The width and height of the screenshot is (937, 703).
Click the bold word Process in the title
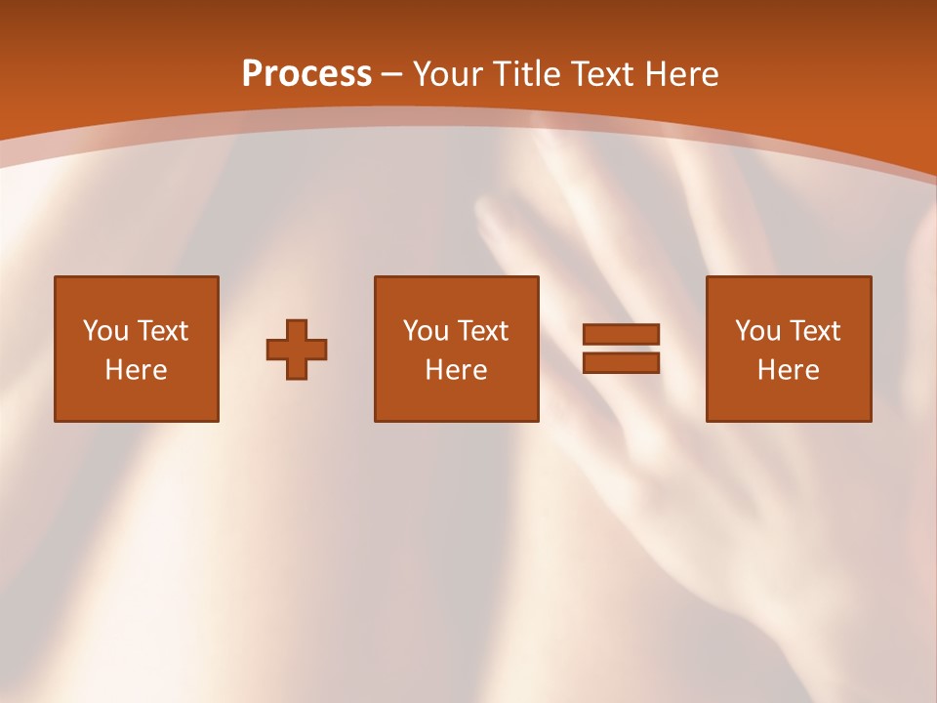[x=306, y=74]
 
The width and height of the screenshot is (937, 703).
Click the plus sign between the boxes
[x=297, y=350]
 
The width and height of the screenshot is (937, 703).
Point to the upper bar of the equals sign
[x=621, y=334]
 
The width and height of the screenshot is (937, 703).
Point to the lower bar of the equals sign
[x=621, y=363]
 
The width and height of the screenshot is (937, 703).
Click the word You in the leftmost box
[x=104, y=331]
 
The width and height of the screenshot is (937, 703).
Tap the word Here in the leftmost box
[x=137, y=370]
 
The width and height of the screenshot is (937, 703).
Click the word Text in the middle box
[x=482, y=331]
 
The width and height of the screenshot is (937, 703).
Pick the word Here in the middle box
[x=457, y=370]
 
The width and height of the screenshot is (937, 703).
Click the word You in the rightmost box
[x=756, y=331]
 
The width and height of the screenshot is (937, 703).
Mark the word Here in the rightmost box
[x=789, y=370]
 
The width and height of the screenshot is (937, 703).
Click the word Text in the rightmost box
[x=814, y=331]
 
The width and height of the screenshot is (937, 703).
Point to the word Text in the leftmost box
[x=162, y=331]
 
